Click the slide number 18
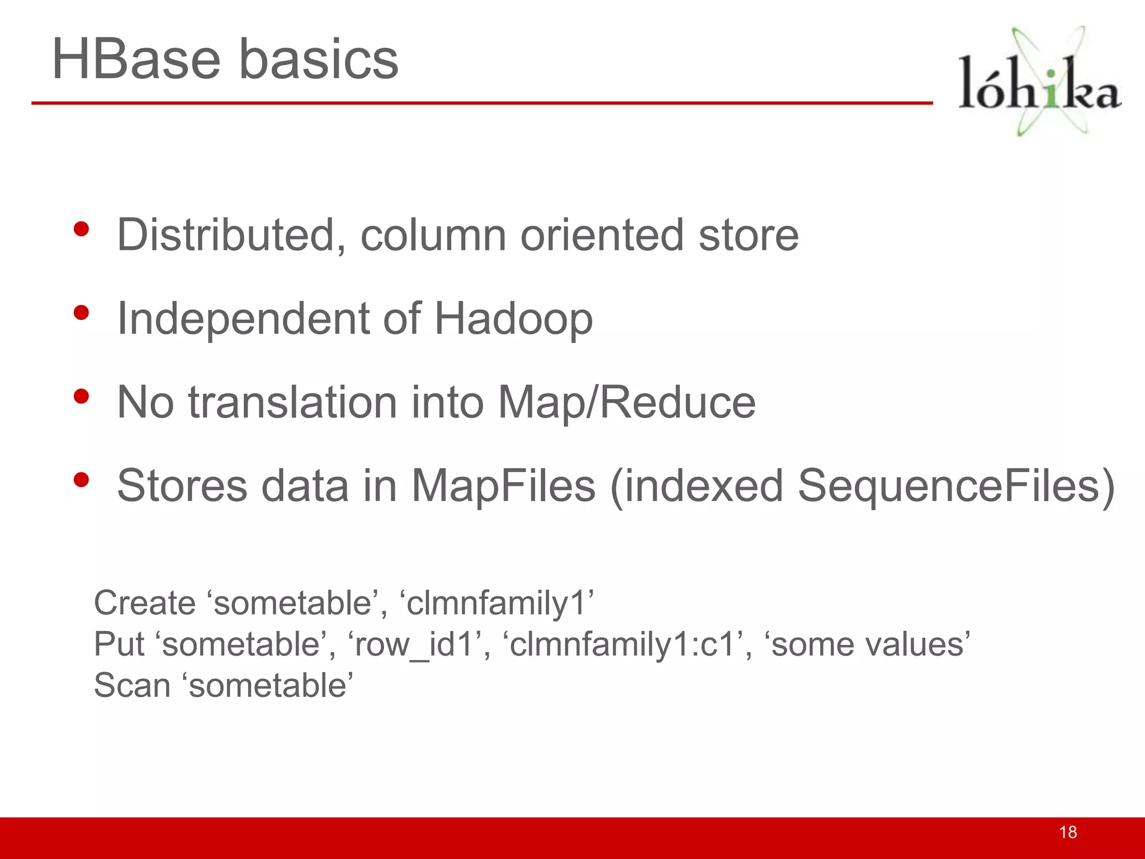click(1068, 832)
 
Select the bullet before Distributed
click(82, 229)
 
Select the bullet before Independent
click(82, 313)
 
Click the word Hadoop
click(513, 319)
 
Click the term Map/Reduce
click(626, 403)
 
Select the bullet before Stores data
click(82, 480)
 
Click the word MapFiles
click(503, 486)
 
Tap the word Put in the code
click(119, 644)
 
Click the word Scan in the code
click(132, 686)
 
